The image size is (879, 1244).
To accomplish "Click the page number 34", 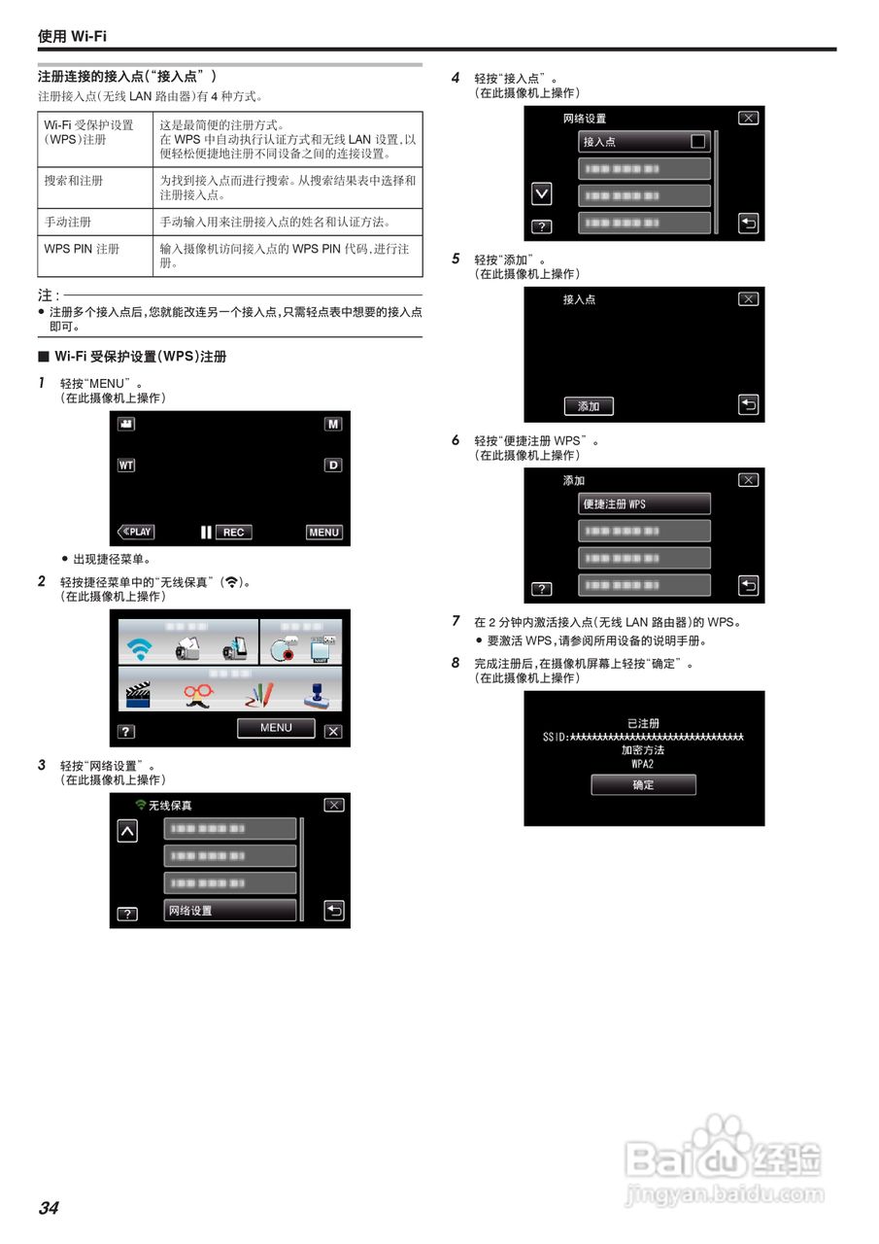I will (49, 1208).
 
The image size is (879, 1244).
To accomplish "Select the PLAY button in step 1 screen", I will (136, 532).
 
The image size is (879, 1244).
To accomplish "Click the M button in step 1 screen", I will (333, 425).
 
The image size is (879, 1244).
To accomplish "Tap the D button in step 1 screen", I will (333, 466).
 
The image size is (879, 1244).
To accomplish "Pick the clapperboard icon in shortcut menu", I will (139, 695).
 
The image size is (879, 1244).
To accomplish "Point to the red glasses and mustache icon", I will (199, 695).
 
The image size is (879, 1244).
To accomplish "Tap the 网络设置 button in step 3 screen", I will (230, 911).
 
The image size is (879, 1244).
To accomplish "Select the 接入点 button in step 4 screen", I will (644, 141).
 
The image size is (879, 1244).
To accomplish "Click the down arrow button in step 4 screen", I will (542, 194).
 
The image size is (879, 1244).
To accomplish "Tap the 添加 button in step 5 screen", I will (589, 406).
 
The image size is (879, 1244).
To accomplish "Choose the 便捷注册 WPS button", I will (644, 504).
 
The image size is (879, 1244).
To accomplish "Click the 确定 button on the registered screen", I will (643, 784).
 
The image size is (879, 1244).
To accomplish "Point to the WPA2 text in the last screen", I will (643, 764).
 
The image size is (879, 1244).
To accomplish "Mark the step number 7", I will (456, 621).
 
